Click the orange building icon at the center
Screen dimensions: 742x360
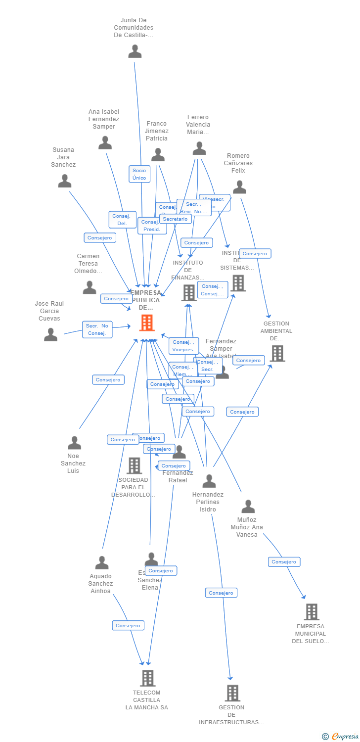coord(147,323)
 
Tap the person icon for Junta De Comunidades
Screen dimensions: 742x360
coord(135,51)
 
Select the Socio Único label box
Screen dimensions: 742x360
coord(139,174)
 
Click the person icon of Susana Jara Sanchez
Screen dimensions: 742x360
coord(65,181)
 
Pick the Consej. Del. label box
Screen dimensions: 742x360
coord(122,220)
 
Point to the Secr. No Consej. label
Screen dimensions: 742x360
coord(97,329)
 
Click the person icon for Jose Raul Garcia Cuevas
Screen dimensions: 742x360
coord(50,335)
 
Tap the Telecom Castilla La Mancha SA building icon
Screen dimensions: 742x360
coord(147,678)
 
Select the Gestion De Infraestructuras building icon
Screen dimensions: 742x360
coord(232,693)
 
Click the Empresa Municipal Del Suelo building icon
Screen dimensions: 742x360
coord(312,612)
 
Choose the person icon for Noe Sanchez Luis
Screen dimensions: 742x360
coord(74,443)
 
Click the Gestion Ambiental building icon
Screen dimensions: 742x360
coord(278,353)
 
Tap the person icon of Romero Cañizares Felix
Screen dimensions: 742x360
coord(240,187)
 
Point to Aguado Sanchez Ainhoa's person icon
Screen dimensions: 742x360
coord(102,563)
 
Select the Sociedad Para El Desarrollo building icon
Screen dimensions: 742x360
coord(134,465)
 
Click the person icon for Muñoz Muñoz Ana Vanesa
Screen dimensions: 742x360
coord(248,507)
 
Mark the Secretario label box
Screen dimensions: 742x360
coord(176,219)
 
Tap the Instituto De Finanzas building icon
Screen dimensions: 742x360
coord(189,293)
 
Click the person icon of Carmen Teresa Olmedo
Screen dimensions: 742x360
coord(90,287)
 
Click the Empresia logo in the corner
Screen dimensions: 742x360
coord(341,737)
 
